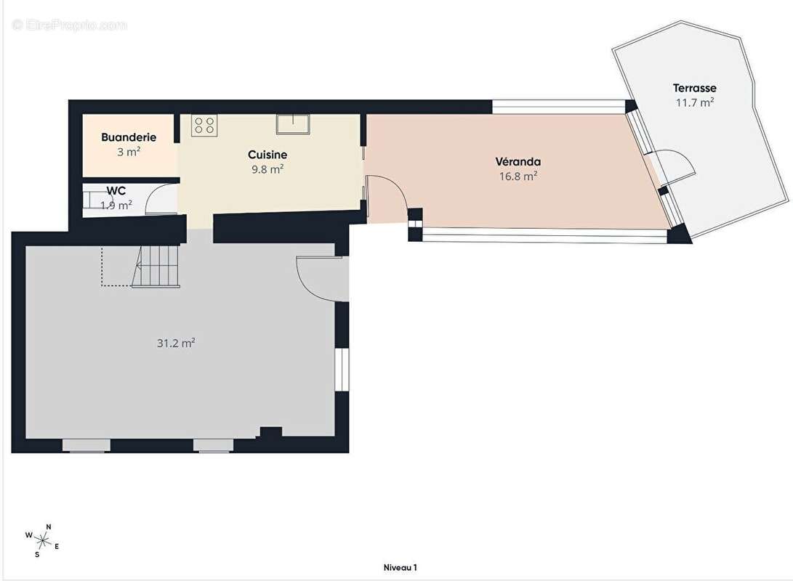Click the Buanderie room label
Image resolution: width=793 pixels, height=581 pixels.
[129, 137]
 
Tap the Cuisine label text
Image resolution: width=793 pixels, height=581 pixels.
[267, 155]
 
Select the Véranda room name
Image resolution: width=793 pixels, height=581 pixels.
[518, 162]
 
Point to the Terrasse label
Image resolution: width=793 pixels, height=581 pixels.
[694, 88]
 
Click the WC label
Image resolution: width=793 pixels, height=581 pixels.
[116, 191]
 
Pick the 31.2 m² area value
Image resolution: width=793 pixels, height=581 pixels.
[176, 343]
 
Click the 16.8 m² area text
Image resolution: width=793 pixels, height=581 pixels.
[518, 176]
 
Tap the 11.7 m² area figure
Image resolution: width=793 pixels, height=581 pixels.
[695, 102]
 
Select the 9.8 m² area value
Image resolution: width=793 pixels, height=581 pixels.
[267, 169]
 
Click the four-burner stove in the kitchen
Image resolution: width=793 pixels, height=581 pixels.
[204, 126]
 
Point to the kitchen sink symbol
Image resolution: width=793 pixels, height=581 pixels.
[293, 124]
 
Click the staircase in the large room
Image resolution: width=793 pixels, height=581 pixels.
[157, 267]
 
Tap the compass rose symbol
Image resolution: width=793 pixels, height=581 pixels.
[43, 541]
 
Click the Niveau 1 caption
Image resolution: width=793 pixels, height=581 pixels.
[400, 567]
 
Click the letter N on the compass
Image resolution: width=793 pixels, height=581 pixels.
[49, 527]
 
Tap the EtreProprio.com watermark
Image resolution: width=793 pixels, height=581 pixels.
[69, 25]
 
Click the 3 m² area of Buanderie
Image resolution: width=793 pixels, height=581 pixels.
[129, 152]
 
